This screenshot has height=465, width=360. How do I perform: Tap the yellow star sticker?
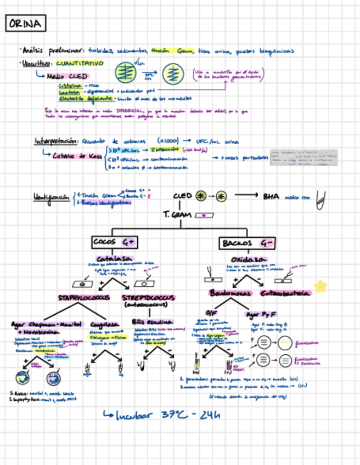point(320,286)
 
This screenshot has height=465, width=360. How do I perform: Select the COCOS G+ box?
point(114,242)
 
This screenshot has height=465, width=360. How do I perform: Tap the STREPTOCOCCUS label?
point(148,298)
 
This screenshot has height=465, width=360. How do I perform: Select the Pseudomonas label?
point(230,293)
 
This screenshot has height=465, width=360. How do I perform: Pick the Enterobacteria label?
point(285,293)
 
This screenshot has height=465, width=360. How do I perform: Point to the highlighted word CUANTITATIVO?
point(80,64)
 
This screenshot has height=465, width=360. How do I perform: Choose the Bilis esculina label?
point(152,321)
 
